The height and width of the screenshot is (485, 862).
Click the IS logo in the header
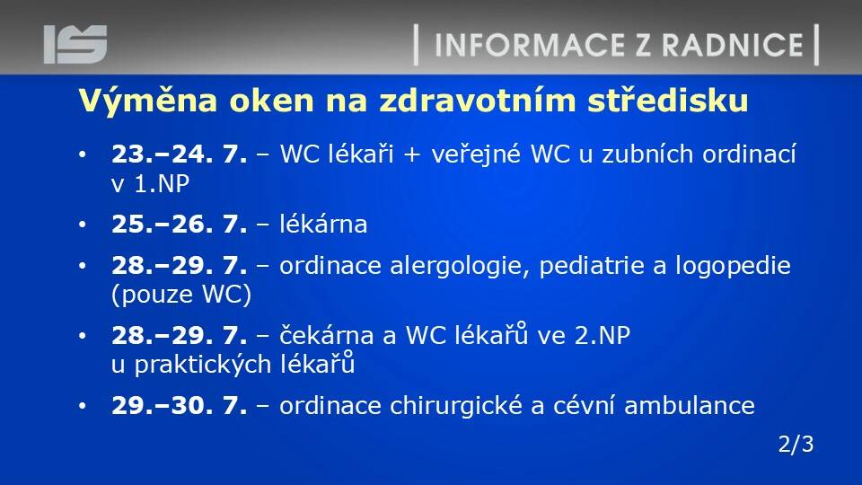click(75, 44)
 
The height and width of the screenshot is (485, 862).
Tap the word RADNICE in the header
click(733, 45)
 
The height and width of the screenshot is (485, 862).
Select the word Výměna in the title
click(148, 101)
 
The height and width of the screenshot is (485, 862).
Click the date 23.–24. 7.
click(180, 154)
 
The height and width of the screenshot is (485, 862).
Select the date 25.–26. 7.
click(180, 224)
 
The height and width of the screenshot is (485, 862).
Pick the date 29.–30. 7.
click(180, 406)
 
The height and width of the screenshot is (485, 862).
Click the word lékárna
click(323, 224)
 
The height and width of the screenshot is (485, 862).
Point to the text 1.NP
click(162, 183)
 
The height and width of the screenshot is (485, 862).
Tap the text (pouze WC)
click(181, 295)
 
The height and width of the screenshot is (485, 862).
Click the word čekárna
click(330, 335)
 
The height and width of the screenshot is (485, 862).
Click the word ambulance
click(690, 406)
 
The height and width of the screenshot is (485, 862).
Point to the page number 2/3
click(796, 445)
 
